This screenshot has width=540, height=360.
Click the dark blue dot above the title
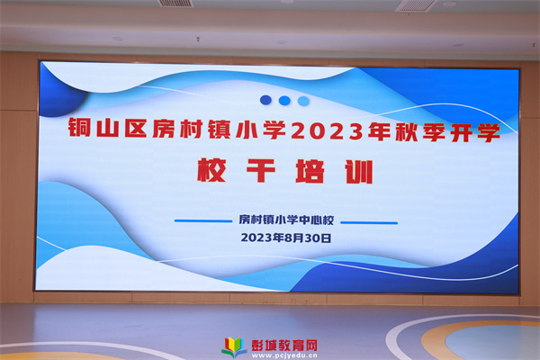pos(265,100)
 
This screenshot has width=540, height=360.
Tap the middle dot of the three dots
pos(284,101)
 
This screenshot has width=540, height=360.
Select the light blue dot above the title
pos(303,101)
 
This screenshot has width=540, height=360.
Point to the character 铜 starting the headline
pos(79,127)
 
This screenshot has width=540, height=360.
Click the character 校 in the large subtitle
pos(211,170)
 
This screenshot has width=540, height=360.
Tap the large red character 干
pos(261,170)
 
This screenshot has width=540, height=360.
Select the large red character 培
pos(310,171)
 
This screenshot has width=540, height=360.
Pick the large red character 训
pos(359,172)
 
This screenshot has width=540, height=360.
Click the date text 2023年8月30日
pos(286,238)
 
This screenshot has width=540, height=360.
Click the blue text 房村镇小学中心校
pos(286,220)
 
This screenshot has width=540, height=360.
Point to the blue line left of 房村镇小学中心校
pos(203,220)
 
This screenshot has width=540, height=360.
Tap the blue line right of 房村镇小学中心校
pos(369,222)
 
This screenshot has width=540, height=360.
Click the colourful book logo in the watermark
pos(234,346)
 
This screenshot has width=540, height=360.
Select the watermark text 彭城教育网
pos(284,345)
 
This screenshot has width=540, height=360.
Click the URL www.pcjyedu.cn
pos(284,355)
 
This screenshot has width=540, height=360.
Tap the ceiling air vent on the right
pos(417,5)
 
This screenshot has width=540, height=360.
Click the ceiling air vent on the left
pos(175,3)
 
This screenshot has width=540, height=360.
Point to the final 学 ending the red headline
pos(489,132)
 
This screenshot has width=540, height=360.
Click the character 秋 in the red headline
pos(407,132)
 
